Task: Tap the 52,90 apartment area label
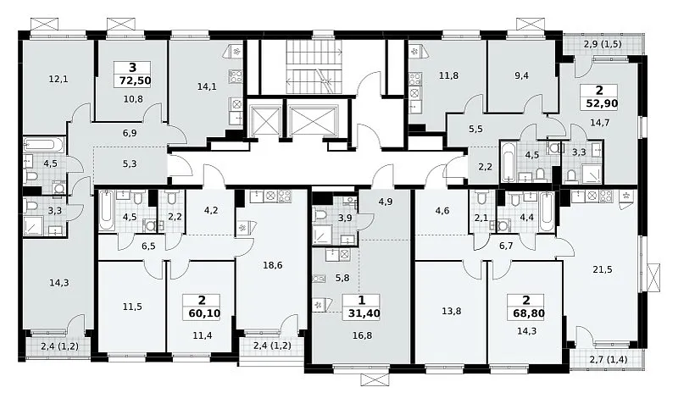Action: tap(602, 103)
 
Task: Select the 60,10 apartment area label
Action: tap(204, 313)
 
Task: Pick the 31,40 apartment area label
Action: tap(364, 313)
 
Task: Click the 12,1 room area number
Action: tap(58, 79)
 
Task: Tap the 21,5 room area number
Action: tap(603, 269)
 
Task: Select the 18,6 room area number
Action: tap(273, 265)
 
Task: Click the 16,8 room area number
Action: tap(363, 335)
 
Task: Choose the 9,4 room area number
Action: tap(522, 75)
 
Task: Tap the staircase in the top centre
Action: tap(314, 67)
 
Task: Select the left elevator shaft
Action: tap(264, 120)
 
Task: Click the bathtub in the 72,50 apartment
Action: tap(44, 144)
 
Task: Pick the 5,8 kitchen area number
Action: tap(342, 278)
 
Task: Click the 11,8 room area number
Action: tap(449, 75)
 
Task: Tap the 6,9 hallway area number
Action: tap(130, 133)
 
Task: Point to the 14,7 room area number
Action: tap(600, 122)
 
